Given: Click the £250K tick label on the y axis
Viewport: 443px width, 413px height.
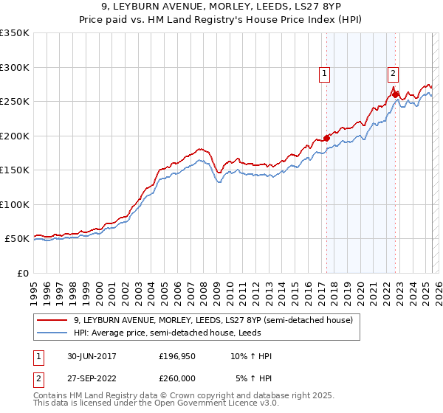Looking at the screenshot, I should tap(14, 102).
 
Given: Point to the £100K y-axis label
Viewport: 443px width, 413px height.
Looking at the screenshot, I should tap(14, 205).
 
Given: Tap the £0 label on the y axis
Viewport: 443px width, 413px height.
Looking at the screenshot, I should tap(22, 274).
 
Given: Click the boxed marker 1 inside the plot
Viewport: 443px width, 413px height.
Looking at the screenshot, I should tap(325, 73).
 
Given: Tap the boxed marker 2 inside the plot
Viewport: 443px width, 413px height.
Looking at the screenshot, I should tap(394, 73).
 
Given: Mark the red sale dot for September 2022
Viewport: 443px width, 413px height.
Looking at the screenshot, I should tap(396, 94).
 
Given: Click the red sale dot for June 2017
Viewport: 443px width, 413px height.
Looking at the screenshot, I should tap(326, 138).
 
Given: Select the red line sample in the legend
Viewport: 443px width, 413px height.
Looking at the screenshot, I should tap(52, 320).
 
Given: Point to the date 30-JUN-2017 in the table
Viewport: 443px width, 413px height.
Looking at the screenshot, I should tap(90, 356).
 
